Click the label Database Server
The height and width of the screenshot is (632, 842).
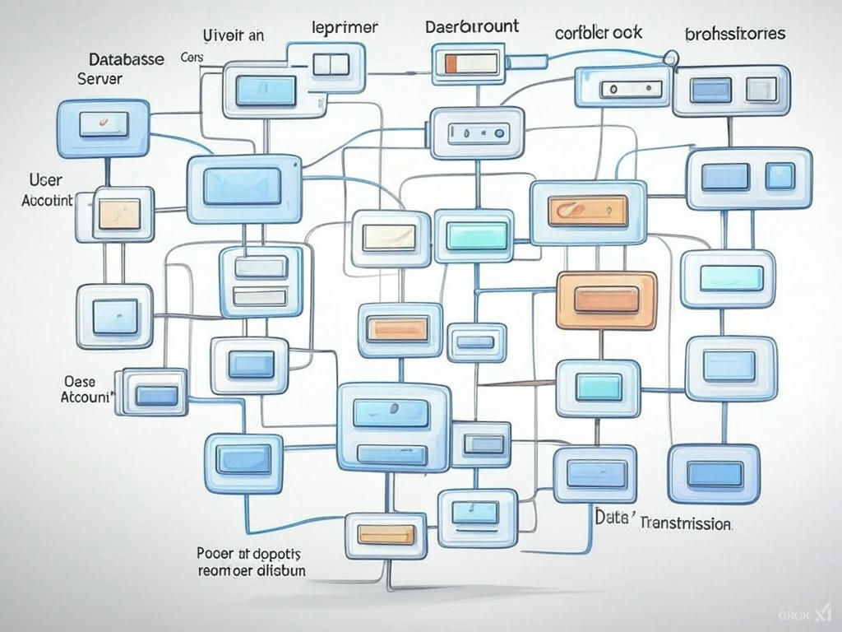125,69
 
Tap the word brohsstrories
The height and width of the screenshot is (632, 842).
734,35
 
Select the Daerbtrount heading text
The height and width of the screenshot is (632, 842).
472,26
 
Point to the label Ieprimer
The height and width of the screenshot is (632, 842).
345,27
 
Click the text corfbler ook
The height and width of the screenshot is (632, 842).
599,33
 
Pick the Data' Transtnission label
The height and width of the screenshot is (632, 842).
663,522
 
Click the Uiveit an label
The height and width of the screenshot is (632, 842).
233,35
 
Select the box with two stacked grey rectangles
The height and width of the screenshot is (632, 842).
259,281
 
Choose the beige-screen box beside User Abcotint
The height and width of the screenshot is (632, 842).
123,213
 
